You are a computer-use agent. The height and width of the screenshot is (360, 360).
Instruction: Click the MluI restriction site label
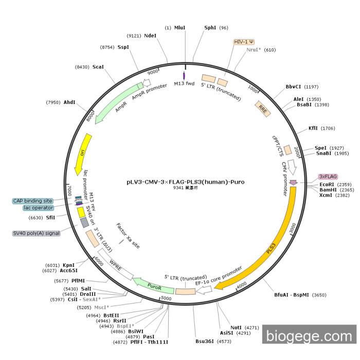[x=180, y=28]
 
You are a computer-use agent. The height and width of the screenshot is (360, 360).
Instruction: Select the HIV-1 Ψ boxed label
[x=244, y=41]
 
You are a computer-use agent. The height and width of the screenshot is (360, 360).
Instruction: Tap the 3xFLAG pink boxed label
[x=328, y=176]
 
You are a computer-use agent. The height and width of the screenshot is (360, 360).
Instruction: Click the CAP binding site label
[x=33, y=201]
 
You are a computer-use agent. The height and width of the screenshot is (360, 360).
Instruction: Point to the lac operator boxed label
[x=38, y=208]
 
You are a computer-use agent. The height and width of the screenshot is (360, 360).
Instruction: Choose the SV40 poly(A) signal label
[x=36, y=233]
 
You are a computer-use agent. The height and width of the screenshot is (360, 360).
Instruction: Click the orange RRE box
[x=263, y=109]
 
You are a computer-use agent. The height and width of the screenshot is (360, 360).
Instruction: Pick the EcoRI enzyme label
[x=327, y=184]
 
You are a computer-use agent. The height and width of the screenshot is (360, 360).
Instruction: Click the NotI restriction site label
[x=236, y=327]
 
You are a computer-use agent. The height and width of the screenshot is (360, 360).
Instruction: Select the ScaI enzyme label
[x=98, y=67]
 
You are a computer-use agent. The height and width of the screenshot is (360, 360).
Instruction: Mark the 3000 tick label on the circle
[x=292, y=227]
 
